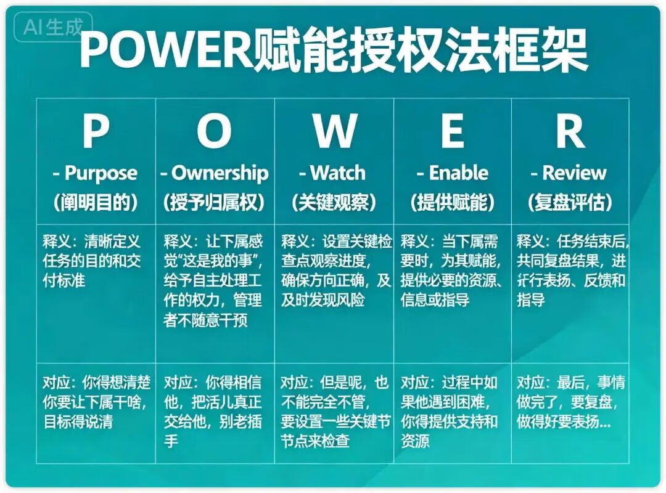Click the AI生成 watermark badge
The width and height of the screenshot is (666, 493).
pyautogui.click(x=53, y=27)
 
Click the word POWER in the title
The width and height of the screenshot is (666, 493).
pyautogui.click(x=166, y=49)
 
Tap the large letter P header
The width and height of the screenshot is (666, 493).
pyautogui.click(x=96, y=131)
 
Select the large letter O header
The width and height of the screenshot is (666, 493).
pyautogui.click(x=214, y=131)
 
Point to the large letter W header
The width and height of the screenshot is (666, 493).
pyautogui.click(x=335, y=131)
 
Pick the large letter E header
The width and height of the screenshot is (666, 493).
pyautogui.click(x=453, y=131)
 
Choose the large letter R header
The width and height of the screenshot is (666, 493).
pyautogui.click(x=570, y=131)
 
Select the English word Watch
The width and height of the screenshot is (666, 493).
pyautogui.click(x=338, y=173)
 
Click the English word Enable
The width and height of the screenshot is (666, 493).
pyautogui.click(x=458, y=173)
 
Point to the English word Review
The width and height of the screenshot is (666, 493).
pyautogui.click(x=574, y=173)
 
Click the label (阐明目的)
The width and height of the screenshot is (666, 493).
pyautogui.click(x=96, y=203)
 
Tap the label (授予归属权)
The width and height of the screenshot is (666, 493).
pyautogui.click(x=214, y=203)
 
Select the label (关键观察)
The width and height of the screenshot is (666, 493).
pyautogui.click(x=334, y=203)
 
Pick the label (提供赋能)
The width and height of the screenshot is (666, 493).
pyautogui.click(x=453, y=203)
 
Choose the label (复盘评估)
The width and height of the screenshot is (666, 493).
pyautogui.click(x=570, y=203)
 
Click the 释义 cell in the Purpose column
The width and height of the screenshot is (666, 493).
pyautogui.click(x=96, y=294)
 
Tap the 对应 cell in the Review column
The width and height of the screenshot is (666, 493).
pyautogui.click(x=570, y=413)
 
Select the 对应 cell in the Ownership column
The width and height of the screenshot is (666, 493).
pyautogui.click(x=215, y=413)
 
